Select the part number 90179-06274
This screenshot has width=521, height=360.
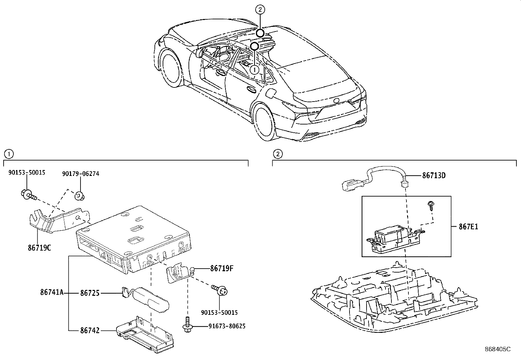pyautogui.click(x=81, y=174)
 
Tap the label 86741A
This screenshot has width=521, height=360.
pyautogui.click(x=52, y=293)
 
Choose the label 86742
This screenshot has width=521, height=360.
pyautogui.click(x=90, y=331)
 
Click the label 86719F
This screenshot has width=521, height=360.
pyautogui.click(x=222, y=269)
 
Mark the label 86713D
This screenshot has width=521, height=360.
pyautogui.click(x=434, y=176)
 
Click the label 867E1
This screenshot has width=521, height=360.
pyautogui.click(x=468, y=226)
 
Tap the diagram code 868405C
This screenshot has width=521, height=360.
pyautogui.click(x=497, y=349)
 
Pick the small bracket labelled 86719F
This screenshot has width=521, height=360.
pyautogui.click(x=178, y=273)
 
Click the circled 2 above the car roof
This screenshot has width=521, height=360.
pyautogui.click(x=260, y=10)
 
